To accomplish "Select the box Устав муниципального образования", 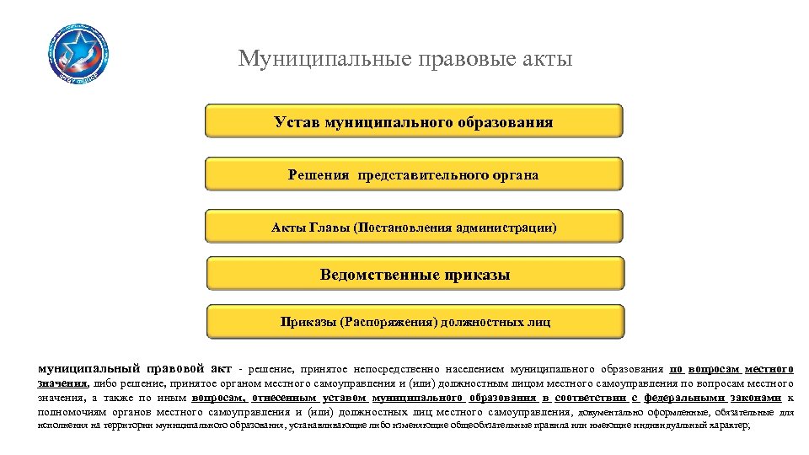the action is [413, 121].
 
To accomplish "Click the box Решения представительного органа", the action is [413, 174].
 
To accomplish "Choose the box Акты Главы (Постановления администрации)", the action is [413, 227].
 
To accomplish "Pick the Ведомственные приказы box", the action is [415, 275].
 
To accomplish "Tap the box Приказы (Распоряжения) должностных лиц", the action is [415, 322].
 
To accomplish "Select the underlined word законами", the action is [758, 398].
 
